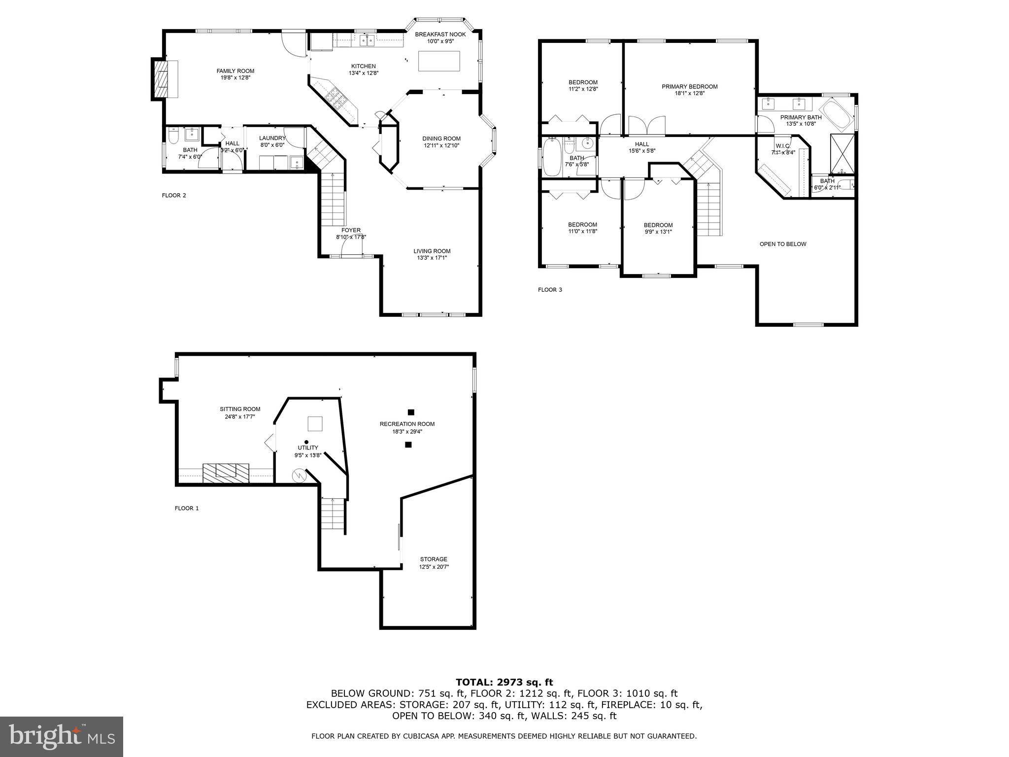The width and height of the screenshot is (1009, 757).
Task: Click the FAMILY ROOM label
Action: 235,71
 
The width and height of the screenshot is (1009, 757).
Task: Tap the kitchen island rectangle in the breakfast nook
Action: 439,61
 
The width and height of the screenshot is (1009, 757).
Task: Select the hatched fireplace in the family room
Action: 160,79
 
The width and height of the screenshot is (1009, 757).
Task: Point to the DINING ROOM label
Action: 441,138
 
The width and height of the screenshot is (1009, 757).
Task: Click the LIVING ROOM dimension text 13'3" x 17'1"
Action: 432,258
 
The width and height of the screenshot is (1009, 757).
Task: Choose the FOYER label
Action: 351,230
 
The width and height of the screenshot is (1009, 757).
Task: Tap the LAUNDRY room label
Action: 272,138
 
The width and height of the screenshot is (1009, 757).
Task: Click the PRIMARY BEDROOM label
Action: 689,87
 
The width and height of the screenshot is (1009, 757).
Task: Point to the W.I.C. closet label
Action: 783,146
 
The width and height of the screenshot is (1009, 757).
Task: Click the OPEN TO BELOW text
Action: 783,244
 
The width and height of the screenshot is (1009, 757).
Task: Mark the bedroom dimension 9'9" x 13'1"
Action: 658,232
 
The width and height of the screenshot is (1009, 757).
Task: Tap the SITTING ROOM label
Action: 240,409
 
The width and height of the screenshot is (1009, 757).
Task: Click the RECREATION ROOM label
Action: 407,424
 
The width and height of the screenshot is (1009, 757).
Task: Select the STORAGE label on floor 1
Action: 434,559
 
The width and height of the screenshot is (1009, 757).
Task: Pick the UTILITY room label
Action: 307,447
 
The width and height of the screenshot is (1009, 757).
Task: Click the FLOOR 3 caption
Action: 550,290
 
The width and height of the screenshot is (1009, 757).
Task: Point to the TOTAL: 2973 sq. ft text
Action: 504,683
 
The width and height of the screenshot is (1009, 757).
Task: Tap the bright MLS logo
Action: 62,737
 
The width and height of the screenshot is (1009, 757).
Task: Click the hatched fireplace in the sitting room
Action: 226,473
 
